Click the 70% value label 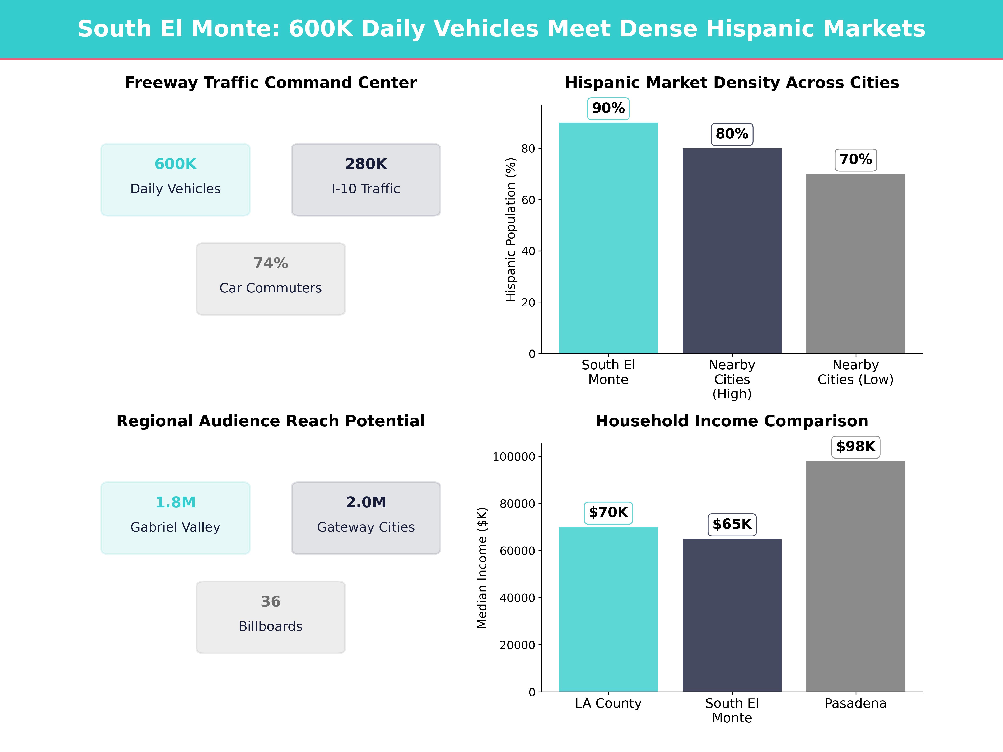click(856, 160)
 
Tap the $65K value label click(732, 525)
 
